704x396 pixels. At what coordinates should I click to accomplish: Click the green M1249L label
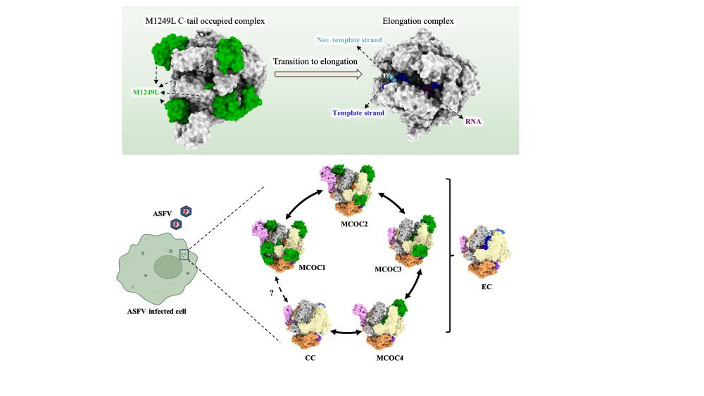pos(146,92)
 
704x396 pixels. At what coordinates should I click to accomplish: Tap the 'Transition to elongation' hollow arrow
pos(318,74)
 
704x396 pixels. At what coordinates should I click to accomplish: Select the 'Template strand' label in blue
pos(358,113)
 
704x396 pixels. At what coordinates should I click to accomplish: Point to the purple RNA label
pos(473,121)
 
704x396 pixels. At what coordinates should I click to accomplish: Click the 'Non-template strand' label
pos(349,40)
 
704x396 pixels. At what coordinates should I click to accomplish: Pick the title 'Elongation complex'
pos(418,21)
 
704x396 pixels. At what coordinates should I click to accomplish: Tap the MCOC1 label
pos(312,268)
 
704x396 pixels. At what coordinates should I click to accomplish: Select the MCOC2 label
pos(354,224)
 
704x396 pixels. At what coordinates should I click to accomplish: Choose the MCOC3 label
pos(388,269)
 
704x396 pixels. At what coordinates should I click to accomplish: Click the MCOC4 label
pos(390,358)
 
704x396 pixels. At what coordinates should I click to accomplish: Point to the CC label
pos(310,358)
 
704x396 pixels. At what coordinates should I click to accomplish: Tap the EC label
pos(486,286)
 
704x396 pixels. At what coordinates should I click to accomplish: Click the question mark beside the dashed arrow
pos(272,293)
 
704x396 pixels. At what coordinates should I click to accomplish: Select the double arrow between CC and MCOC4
pos(346,332)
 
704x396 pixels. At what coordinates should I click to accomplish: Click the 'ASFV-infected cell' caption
pos(157,311)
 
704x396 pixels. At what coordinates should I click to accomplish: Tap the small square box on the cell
pos(184,255)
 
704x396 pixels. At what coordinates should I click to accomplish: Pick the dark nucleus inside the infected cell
pos(168,267)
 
